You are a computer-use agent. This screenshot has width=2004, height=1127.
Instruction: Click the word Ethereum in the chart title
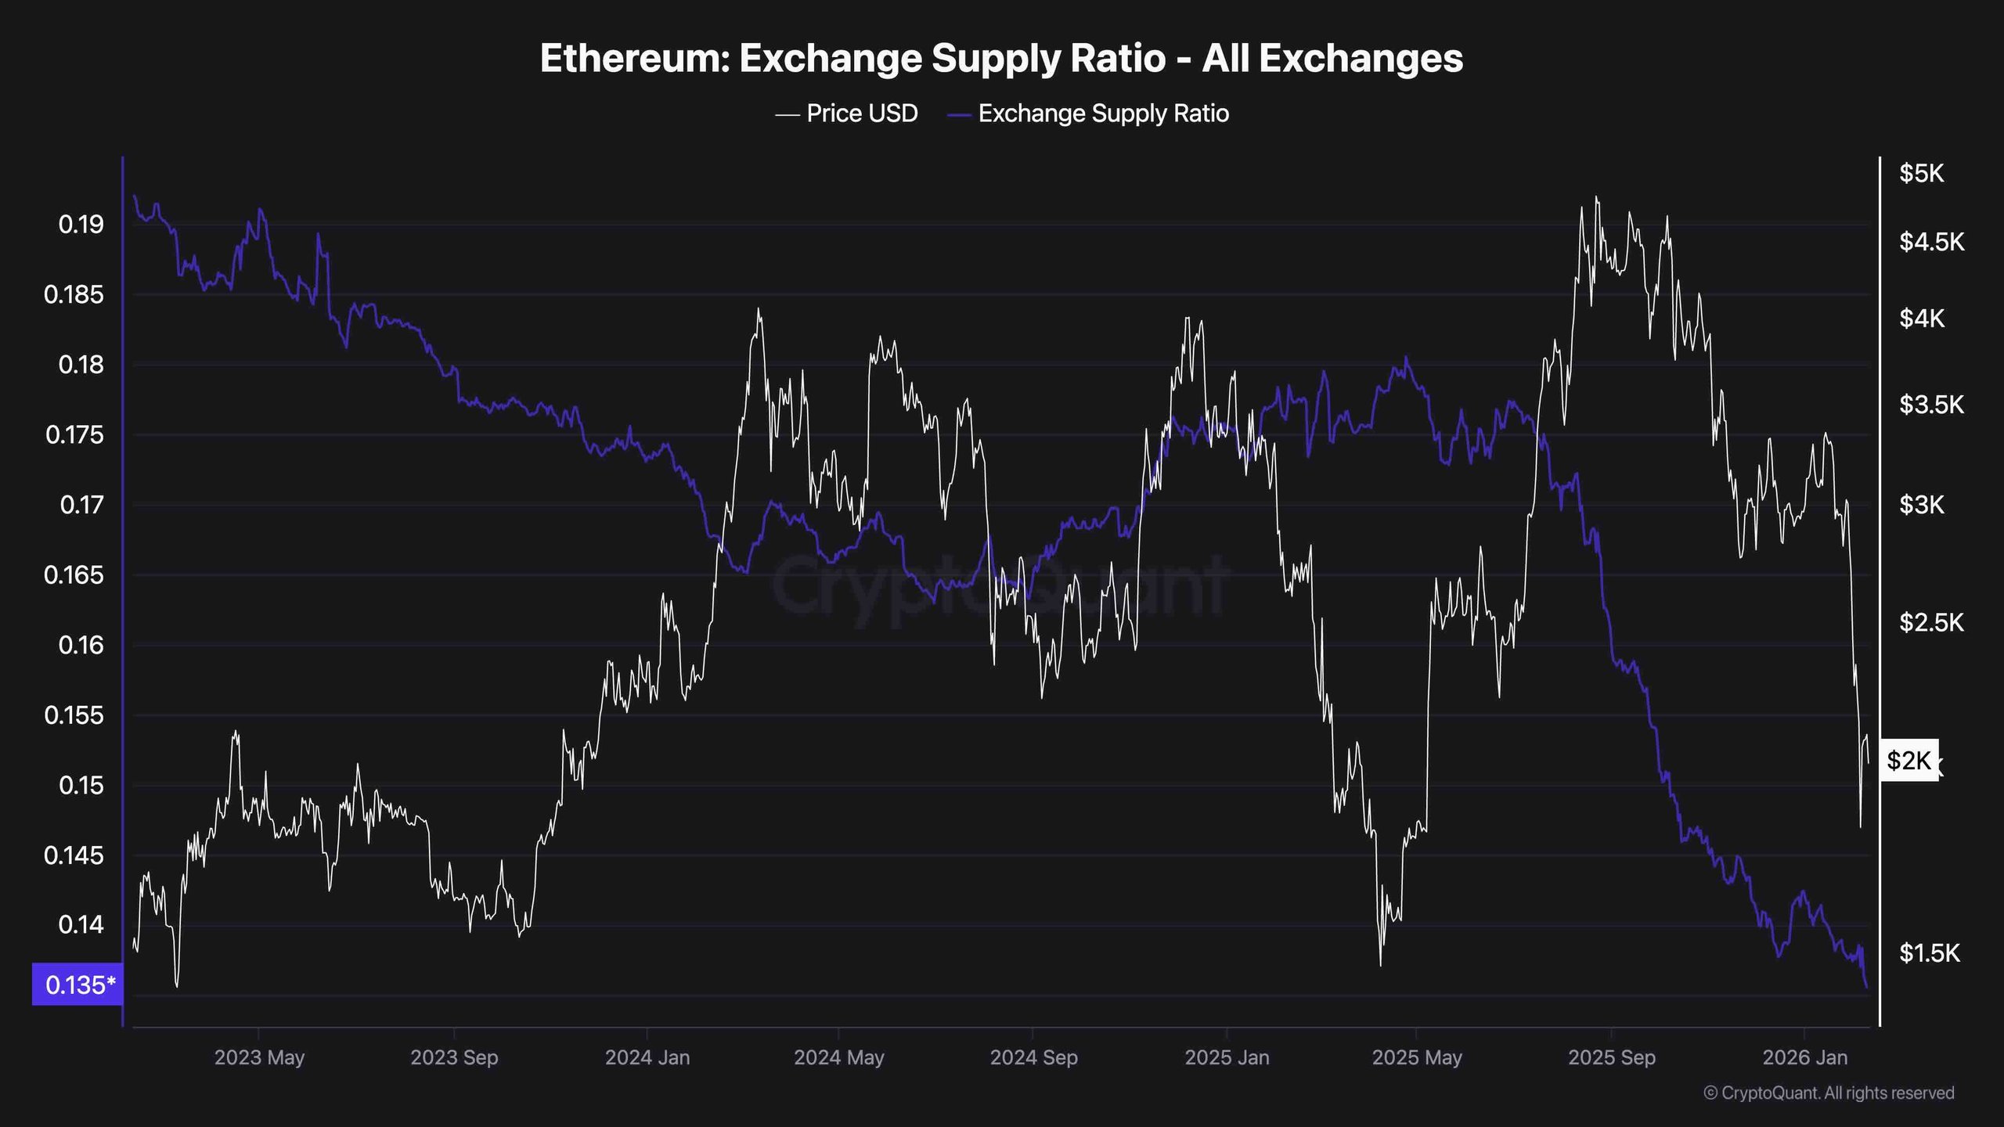pos(633,59)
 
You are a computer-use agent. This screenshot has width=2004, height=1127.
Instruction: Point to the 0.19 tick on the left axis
pos(81,225)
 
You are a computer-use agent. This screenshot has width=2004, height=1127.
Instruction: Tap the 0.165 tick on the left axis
pos(74,575)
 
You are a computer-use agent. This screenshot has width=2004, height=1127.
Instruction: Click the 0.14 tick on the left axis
pos(81,925)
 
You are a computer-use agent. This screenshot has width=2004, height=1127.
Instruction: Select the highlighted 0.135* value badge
pos(78,985)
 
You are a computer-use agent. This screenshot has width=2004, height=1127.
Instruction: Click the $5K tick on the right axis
pos(1922,173)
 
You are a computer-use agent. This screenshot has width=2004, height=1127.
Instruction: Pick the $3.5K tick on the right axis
pos(1931,405)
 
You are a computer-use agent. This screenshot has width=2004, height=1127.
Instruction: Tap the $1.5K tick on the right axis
pos(1930,952)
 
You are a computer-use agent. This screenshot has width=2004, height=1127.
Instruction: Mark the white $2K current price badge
pos(1908,760)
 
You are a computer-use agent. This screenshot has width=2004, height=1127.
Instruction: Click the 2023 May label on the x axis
pos(259,1057)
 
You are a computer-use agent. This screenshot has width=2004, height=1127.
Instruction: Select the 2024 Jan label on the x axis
pos(647,1057)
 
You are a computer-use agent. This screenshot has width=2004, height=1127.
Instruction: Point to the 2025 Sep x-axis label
pos(1612,1057)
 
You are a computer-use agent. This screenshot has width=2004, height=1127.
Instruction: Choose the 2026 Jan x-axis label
pos(1804,1057)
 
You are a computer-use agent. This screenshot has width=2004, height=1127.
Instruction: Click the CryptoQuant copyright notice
pos(1829,1093)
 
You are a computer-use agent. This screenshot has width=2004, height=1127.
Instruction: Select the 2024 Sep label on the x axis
pos(1033,1057)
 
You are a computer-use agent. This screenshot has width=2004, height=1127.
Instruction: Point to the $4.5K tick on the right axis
pos(1931,242)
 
